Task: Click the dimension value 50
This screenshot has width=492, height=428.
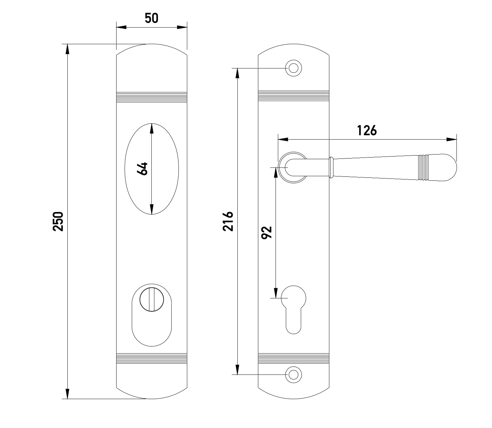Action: pyautogui.click(x=151, y=18)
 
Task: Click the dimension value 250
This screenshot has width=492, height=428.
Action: pyautogui.click(x=58, y=221)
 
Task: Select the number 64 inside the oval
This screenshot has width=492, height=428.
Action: pyautogui.click(x=142, y=168)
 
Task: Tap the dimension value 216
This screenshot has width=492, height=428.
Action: pyautogui.click(x=228, y=221)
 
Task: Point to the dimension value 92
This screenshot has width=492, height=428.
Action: pyautogui.click(x=267, y=233)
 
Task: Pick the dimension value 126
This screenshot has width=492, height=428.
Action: pyautogui.click(x=367, y=131)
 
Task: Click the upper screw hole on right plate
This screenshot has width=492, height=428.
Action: pyautogui.click(x=293, y=68)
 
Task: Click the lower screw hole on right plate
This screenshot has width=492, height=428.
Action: pyautogui.click(x=293, y=375)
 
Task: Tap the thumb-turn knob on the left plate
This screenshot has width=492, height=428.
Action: pyautogui.click(x=152, y=300)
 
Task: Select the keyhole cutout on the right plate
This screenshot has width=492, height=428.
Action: pyautogui.click(x=293, y=310)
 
